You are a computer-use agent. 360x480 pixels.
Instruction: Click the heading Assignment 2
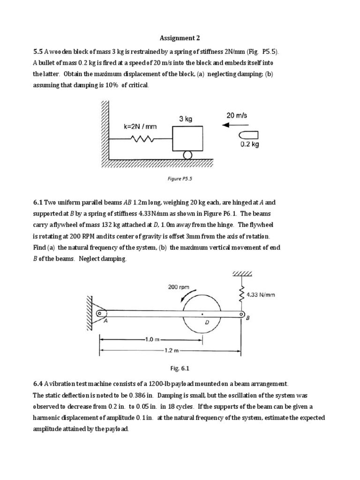(x=180, y=38)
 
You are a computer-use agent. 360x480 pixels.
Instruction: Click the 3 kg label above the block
(x=186, y=119)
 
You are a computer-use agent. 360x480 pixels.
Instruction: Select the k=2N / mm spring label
(x=140, y=126)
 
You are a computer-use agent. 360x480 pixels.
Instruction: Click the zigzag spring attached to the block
(x=142, y=139)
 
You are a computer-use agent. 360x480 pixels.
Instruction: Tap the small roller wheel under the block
(x=187, y=154)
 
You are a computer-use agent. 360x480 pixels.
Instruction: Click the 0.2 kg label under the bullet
(x=249, y=144)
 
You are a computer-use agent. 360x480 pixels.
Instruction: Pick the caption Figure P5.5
(x=180, y=179)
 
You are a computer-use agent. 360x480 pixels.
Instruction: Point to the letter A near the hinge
(x=105, y=321)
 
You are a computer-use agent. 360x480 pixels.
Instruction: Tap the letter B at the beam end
(x=247, y=318)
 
